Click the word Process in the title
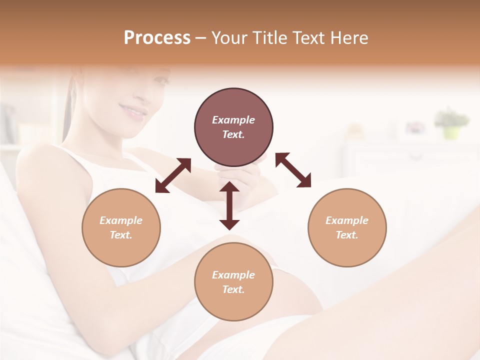[157, 38]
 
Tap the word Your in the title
[229, 38]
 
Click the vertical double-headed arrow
[229, 205]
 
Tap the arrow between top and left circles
[173, 175]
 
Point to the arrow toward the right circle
[293, 170]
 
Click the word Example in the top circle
[233, 120]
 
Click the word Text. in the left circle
[121, 235]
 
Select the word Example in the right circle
[347, 220]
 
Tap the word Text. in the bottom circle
[233, 289]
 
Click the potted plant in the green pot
[451, 122]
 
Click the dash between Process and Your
[200, 38]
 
